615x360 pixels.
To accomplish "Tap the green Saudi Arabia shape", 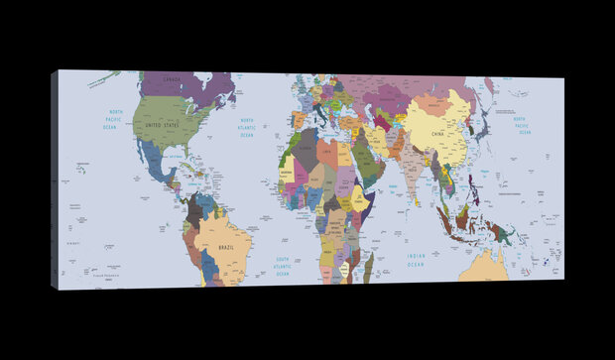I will [x=365, y=164].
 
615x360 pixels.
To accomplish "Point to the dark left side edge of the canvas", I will [x=55, y=179].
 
